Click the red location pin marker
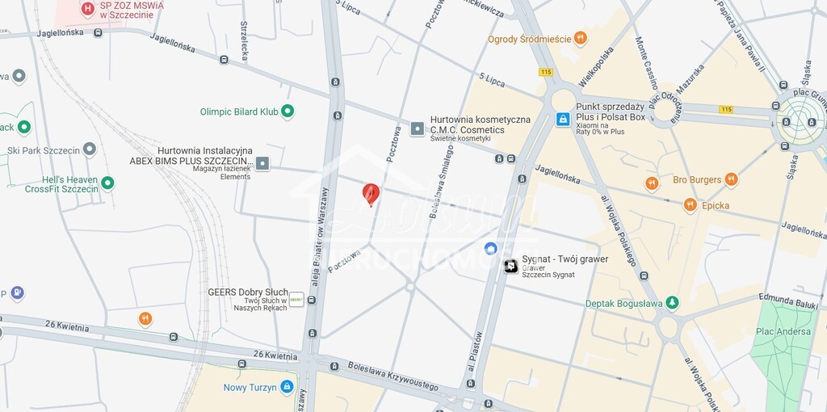(x=371, y=193)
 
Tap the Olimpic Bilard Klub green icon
(x=287, y=111)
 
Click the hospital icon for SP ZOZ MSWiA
(x=88, y=9)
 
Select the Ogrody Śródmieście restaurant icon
(x=580, y=38)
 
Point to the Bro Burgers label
(x=696, y=179)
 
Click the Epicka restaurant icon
(x=690, y=205)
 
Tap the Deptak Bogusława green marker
(x=672, y=303)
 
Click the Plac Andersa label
(x=783, y=331)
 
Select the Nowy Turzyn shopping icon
(x=287, y=387)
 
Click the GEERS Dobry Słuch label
(x=248, y=292)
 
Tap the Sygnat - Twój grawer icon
(x=511, y=266)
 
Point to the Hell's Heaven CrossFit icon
(x=107, y=183)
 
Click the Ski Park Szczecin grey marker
(x=89, y=149)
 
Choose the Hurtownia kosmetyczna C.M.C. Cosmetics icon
(x=418, y=128)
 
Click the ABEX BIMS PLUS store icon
(x=262, y=164)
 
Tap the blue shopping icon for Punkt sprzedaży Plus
(x=563, y=119)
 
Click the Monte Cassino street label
(x=646, y=64)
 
